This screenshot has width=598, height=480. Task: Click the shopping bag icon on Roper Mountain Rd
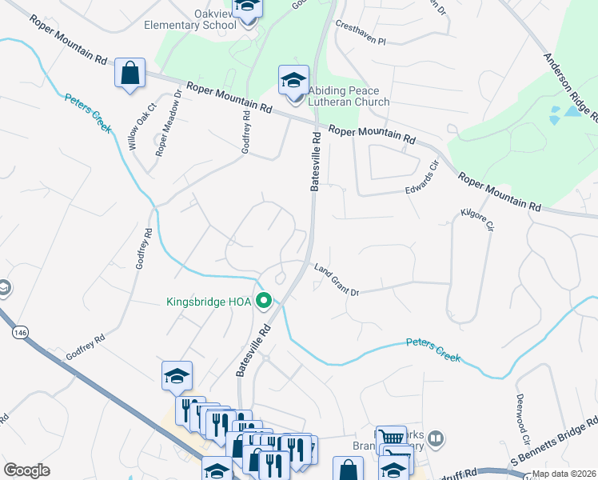[x=129, y=74]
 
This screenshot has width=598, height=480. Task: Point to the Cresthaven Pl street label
[x=360, y=38]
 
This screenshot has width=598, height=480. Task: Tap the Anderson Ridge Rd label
[x=570, y=88]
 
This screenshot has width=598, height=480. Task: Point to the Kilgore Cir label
[x=474, y=222]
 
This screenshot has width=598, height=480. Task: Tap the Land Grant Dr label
[x=336, y=280]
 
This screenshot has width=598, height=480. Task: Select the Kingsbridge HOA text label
[x=209, y=302]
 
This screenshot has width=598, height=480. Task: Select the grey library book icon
[x=436, y=438]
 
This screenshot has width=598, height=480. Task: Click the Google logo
[x=26, y=470]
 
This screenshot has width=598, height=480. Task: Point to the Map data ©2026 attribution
[x=564, y=474]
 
